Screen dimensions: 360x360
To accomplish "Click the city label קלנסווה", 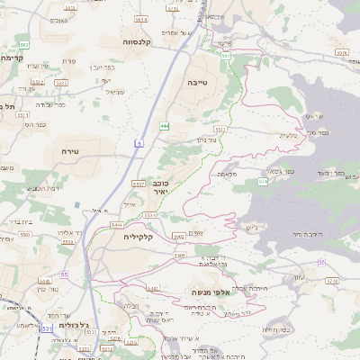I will (142, 40).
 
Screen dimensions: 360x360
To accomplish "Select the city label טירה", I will (69, 152).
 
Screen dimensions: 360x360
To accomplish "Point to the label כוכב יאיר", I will (160, 186).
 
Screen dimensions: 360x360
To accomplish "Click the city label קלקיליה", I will (138, 237).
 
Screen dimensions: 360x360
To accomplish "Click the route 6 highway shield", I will (139, 143).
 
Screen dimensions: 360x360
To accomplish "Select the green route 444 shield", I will (165, 125).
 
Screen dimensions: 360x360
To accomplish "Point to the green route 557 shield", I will (226, 56).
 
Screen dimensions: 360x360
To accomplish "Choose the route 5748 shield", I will (331, 281).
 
